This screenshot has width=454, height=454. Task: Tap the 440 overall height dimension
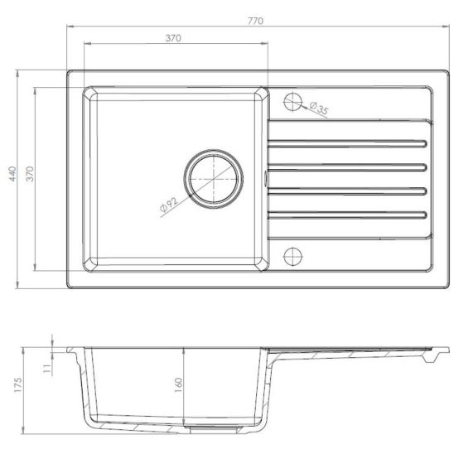[12, 174]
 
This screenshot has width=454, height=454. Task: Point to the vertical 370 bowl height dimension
[29, 174]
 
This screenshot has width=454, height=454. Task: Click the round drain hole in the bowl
[214, 177]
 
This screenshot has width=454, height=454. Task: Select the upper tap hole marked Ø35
[293, 103]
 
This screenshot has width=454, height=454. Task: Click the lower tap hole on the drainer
[292, 253]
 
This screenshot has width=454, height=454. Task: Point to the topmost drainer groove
[348, 141]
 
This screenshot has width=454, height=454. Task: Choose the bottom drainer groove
[348, 216]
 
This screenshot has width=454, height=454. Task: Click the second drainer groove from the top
[348, 166]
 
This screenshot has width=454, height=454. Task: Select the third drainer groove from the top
[348, 191]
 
